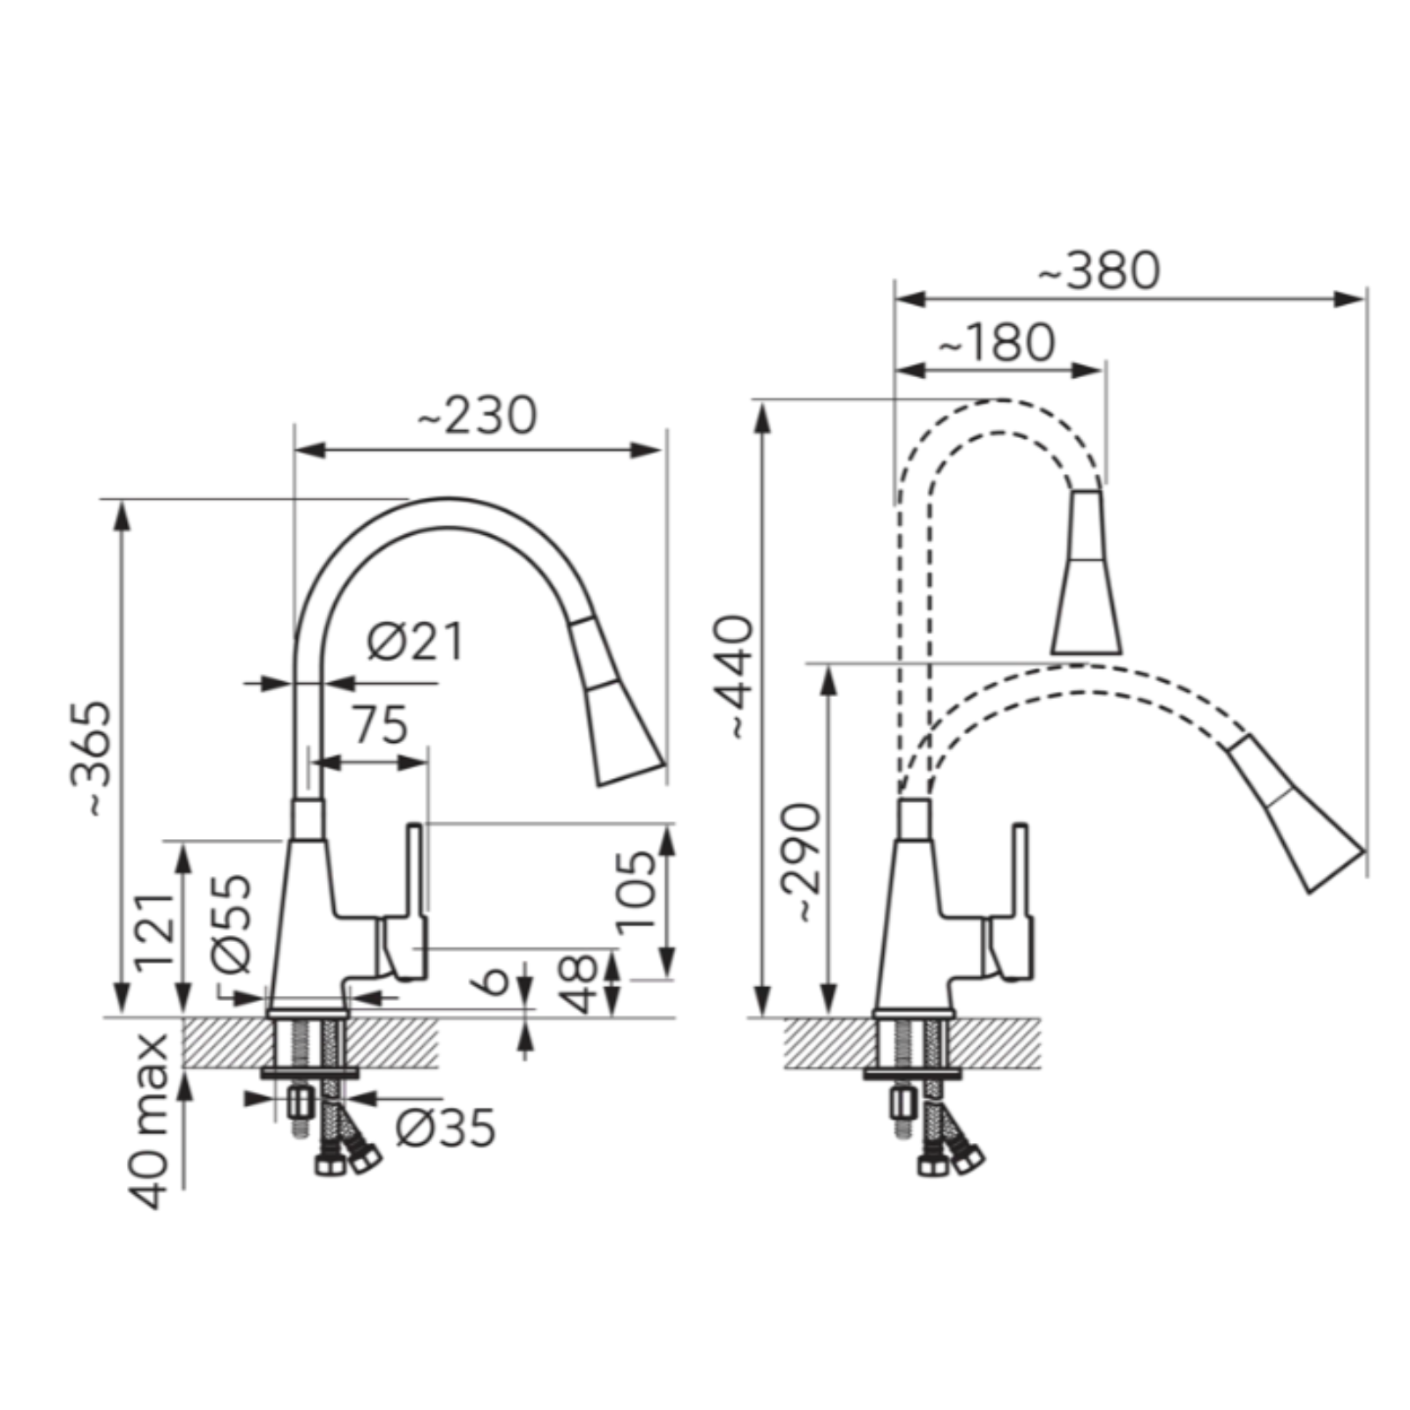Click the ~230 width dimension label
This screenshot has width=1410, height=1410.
point(477,416)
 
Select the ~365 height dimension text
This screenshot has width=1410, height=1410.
point(92,759)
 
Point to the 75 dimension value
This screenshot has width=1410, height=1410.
point(381,725)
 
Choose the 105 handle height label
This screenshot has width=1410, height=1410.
point(635,891)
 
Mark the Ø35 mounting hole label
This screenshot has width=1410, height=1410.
point(446,1128)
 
